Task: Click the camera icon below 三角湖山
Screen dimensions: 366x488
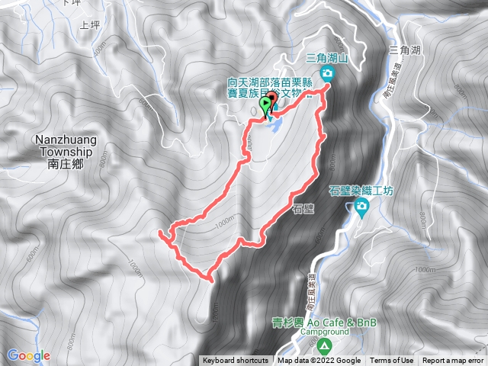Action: click(328, 73)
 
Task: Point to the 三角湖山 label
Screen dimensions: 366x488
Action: click(326, 58)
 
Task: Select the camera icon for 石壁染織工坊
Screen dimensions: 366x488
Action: click(364, 206)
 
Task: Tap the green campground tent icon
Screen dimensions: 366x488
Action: click(325, 346)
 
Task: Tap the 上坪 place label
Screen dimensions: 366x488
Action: click(88, 25)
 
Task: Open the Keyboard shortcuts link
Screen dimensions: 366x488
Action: click(236, 361)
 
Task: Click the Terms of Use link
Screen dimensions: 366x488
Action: click(392, 361)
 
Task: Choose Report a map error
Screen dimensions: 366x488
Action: click(453, 361)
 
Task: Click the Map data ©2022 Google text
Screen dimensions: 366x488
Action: click(319, 361)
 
